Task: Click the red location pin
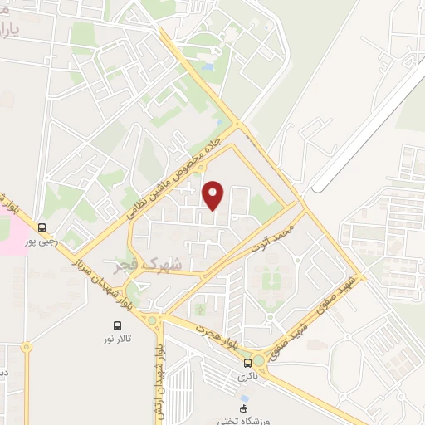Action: tap(214, 196)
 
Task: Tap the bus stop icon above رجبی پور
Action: tap(42, 227)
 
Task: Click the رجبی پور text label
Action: tap(42, 242)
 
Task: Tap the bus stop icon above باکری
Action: tap(247, 363)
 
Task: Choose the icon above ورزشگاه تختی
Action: tap(243, 408)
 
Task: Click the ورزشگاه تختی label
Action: tap(244, 420)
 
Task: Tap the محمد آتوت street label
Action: tap(276, 238)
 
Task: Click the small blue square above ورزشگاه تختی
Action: tap(244, 398)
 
